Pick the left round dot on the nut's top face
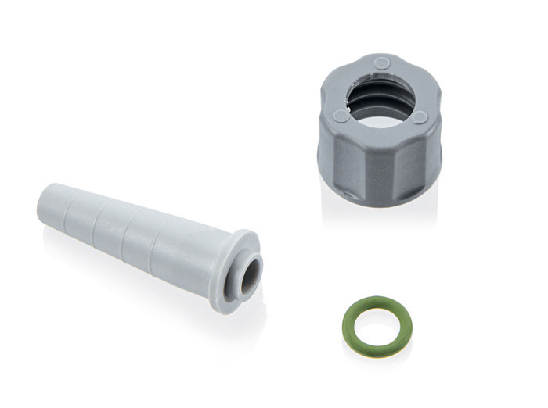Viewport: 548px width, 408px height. pos(341,116)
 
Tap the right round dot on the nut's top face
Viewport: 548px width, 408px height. pos(420,116)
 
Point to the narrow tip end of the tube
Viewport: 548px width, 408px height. pos(47,205)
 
